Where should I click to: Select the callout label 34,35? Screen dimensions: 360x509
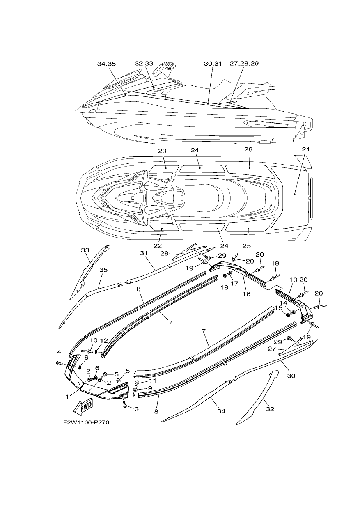[x=106, y=64]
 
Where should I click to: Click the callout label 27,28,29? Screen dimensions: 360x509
[x=244, y=63]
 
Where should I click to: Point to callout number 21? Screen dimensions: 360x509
[x=306, y=149]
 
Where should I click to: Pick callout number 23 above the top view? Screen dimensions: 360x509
[x=163, y=151]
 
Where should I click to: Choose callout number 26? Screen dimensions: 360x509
[x=248, y=149]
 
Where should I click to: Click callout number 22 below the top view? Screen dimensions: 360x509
[x=158, y=246]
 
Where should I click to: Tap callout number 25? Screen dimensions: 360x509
[x=246, y=246]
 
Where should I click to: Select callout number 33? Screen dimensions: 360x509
[x=85, y=250]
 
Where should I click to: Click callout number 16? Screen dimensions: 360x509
[x=246, y=294]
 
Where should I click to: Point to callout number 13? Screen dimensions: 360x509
[x=293, y=280]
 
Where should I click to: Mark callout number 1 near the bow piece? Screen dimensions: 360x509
[x=67, y=397]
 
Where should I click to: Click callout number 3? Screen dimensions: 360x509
[x=137, y=409]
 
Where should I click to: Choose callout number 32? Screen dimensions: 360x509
[x=270, y=409]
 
